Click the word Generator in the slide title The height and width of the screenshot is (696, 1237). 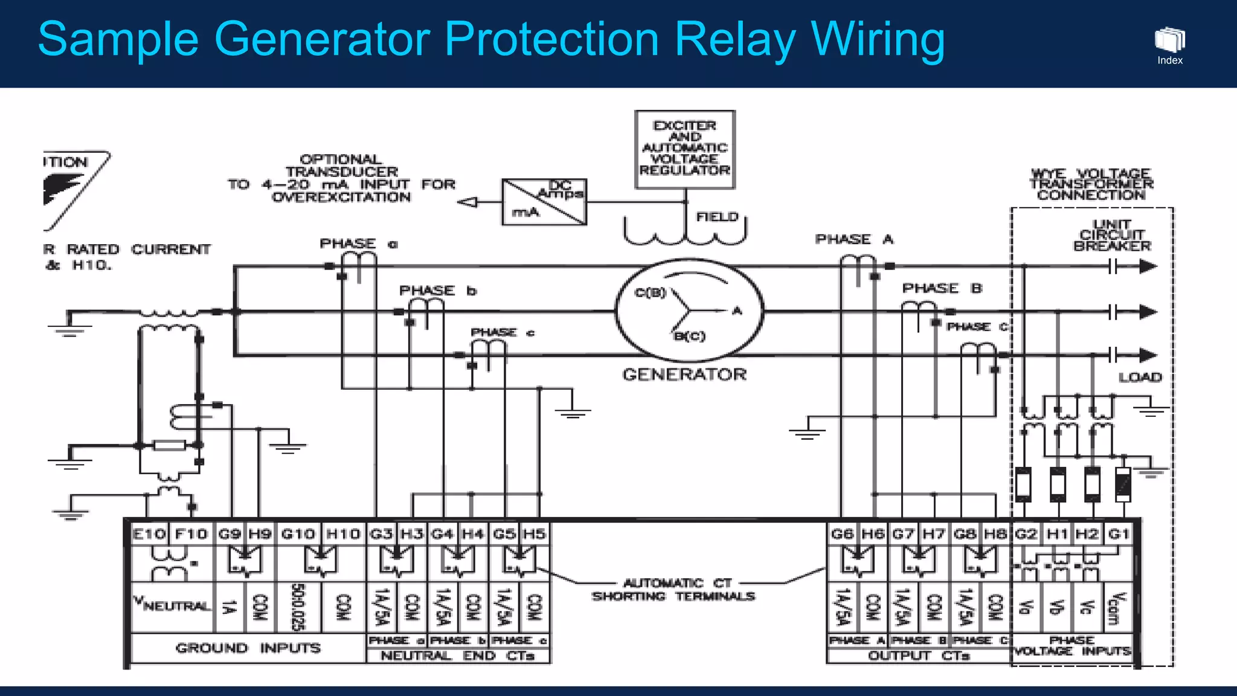(321, 40)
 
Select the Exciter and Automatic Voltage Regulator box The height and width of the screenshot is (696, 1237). (685, 149)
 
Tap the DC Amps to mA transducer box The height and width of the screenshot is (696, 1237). (544, 202)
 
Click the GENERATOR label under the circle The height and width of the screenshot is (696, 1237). (684, 375)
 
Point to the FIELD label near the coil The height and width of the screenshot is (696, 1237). (717, 217)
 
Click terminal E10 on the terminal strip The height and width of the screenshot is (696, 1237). (149, 534)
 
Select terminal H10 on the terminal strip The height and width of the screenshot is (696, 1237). (343, 534)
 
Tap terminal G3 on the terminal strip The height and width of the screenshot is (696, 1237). (381, 534)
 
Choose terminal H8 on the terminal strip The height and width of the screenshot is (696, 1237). (995, 534)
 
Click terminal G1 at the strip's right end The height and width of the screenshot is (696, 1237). (1119, 534)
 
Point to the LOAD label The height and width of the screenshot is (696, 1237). (1140, 378)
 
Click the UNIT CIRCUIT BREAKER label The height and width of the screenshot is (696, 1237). (1112, 235)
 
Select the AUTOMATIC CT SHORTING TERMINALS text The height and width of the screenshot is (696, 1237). (673, 590)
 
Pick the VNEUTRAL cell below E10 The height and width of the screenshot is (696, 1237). (172, 605)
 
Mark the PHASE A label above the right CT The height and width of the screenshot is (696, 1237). (853, 239)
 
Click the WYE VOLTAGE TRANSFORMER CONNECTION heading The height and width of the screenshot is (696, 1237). (1091, 184)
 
